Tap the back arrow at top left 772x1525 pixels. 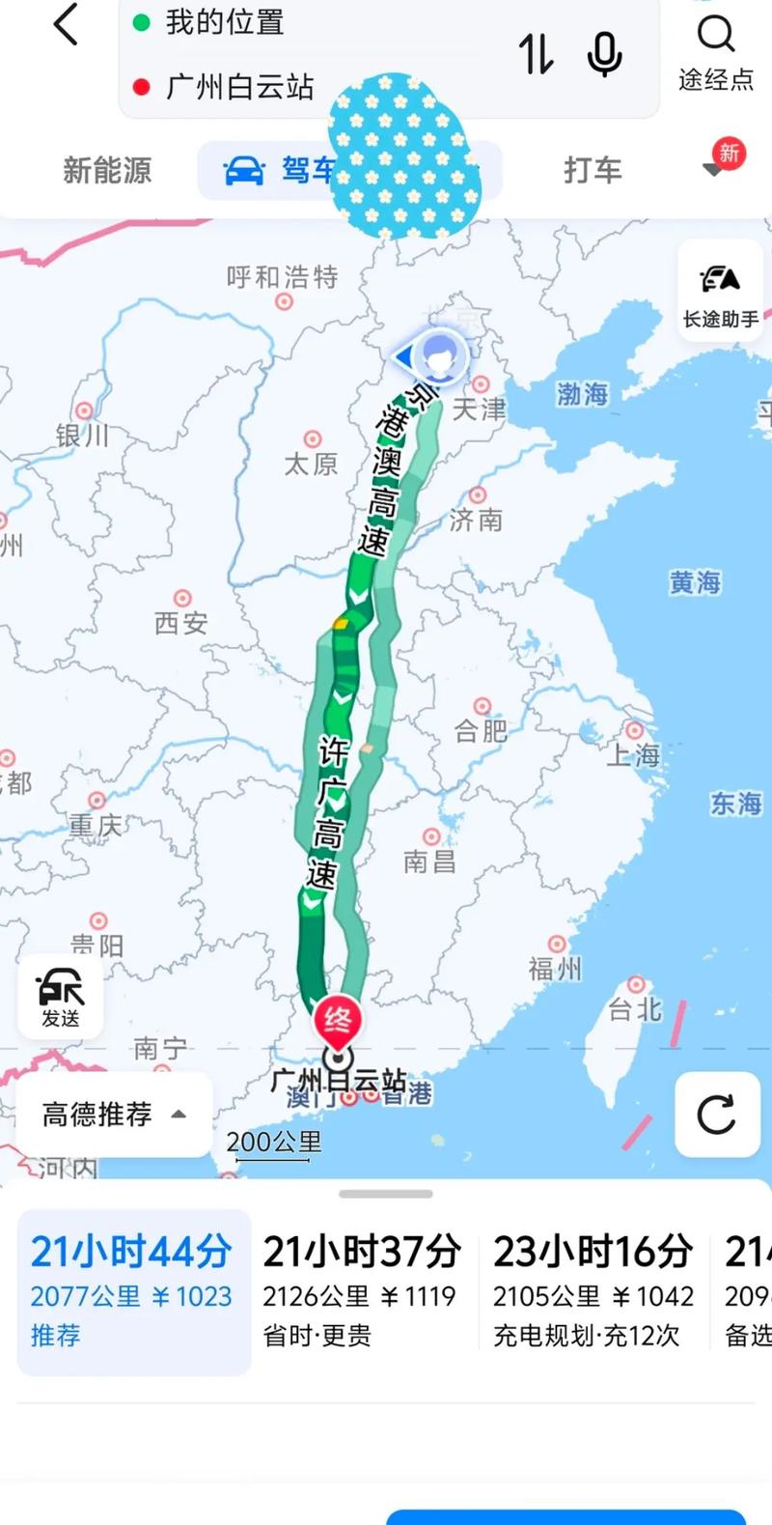(66, 25)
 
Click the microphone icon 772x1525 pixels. (604, 54)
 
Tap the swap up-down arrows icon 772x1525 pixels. (537, 54)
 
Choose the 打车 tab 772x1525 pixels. (593, 171)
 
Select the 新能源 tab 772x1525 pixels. (107, 171)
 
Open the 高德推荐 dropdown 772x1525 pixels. (114, 1115)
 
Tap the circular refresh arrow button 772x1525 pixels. (716, 1115)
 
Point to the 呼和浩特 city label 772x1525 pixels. (282, 278)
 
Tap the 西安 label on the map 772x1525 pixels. (180, 623)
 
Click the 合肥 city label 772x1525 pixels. (481, 731)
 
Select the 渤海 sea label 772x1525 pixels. (582, 394)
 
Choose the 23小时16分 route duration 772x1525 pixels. (593, 1253)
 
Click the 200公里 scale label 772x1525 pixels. (274, 1142)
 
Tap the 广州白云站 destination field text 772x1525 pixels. (239, 87)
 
